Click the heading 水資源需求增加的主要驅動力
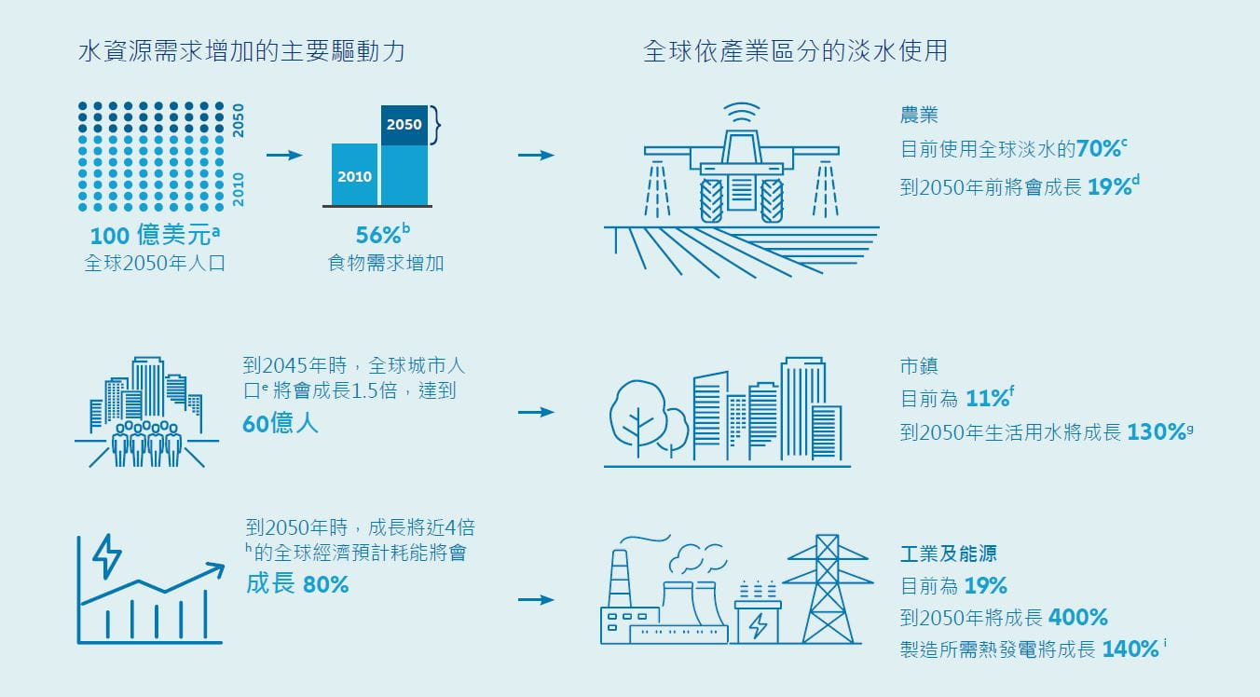[241, 51]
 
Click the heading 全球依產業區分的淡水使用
[795, 51]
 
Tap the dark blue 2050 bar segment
[404, 125]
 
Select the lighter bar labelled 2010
[354, 175]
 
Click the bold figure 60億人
[280, 424]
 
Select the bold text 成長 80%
[297, 584]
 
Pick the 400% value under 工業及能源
[1077, 617]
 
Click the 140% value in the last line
[1130, 649]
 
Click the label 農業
[919, 116]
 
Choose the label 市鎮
[919, 367]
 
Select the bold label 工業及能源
[948, 553]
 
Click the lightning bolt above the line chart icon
[107, 556]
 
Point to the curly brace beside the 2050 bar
[434, 125]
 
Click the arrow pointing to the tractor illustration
[536, 155]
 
